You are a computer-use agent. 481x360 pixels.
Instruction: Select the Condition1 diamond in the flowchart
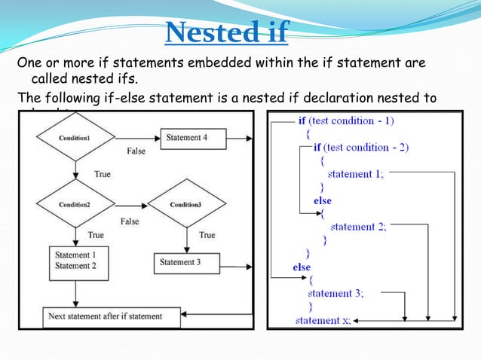tap(75, 138)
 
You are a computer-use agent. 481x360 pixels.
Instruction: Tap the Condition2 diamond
tap(75, 204)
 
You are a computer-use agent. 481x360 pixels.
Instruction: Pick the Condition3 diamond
tap(186, 204)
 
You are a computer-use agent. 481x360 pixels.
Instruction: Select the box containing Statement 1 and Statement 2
tap(78, 261)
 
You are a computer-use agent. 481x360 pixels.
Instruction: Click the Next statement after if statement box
tap(112, 316)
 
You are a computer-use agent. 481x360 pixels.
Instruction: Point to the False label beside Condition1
tap(136, 151)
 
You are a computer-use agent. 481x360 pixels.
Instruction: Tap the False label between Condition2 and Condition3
tap(130, 221)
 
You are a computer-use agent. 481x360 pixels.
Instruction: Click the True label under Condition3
tap(207, 235)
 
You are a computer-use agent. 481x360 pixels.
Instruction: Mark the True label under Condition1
tap(102, 174)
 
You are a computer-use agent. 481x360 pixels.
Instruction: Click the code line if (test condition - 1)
tap(345, 121)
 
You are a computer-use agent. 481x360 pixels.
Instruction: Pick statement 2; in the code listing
tap(358, 227)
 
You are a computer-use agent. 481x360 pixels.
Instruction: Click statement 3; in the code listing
tap(335, 293)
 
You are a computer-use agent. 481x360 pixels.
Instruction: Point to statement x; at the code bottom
tap(323, 320)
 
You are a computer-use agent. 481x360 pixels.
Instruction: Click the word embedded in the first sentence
tap(176, 62)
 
